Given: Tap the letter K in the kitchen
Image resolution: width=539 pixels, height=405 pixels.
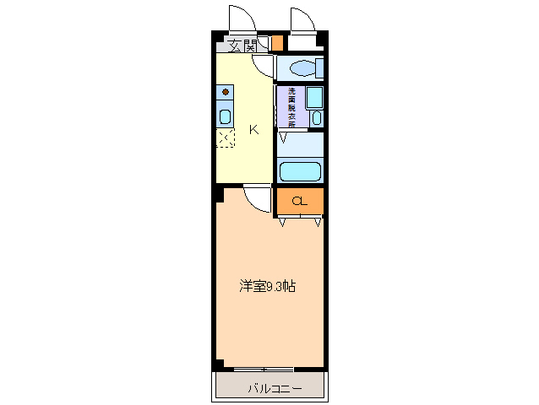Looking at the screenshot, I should tap(253, 130).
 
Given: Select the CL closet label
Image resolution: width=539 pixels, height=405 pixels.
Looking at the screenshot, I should tap(299, 201).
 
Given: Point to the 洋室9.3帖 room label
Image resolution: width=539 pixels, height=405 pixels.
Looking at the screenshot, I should tap(267, 286).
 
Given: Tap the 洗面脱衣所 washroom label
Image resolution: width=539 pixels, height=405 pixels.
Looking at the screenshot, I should tap(291, 107).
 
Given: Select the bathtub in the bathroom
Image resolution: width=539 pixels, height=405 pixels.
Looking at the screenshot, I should tap(300, 171).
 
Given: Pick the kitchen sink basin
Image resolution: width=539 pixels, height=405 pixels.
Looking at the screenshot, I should tap(226, 116).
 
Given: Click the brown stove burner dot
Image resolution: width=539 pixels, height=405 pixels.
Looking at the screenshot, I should tap(226, 91).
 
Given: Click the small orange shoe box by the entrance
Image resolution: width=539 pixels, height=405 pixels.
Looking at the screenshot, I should tap(276, 43).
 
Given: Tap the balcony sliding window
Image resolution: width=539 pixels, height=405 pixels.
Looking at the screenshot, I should tap(264, 369).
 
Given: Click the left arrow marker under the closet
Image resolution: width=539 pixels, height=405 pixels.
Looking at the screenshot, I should tap(281, 223).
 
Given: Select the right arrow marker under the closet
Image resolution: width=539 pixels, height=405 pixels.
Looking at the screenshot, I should tap(318, 223).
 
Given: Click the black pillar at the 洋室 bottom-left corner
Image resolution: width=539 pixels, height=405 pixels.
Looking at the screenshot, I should tap(218, 364).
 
